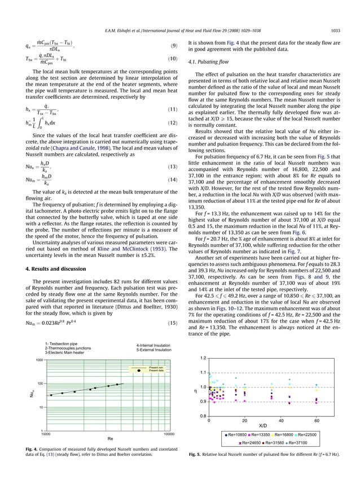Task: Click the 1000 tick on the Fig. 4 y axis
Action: (39, 359)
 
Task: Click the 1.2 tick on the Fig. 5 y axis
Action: (203, 358)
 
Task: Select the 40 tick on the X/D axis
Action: (281, 421)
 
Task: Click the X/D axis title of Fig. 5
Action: (263, 426)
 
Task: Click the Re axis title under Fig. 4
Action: (110, 438)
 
